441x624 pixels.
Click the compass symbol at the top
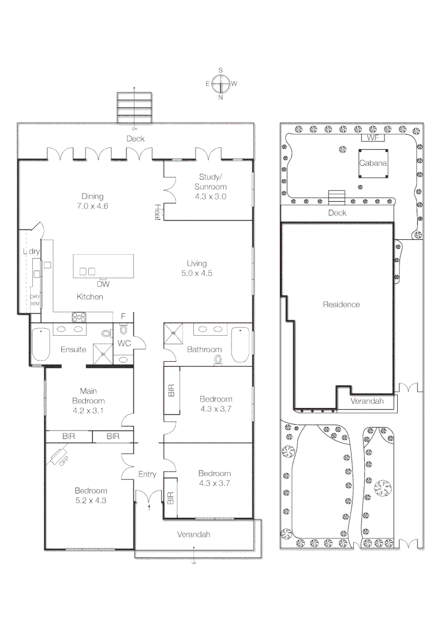(220, 84)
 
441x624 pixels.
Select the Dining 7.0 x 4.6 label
(92, 201)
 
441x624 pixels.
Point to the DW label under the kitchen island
(103, 284)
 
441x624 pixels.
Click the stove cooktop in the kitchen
(79, 317)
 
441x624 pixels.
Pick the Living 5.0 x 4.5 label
(196, 268)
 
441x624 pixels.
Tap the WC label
(125, 344)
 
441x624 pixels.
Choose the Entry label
(147, 474)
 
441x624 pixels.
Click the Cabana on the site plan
(373, 164)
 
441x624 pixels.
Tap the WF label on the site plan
(371, 138)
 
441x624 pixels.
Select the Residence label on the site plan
(341, 304)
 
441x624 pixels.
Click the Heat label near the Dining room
(157, 211)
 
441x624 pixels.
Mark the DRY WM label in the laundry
(35, 299)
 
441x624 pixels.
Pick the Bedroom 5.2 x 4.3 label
(91, 495)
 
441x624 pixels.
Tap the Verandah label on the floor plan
(193, 534)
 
